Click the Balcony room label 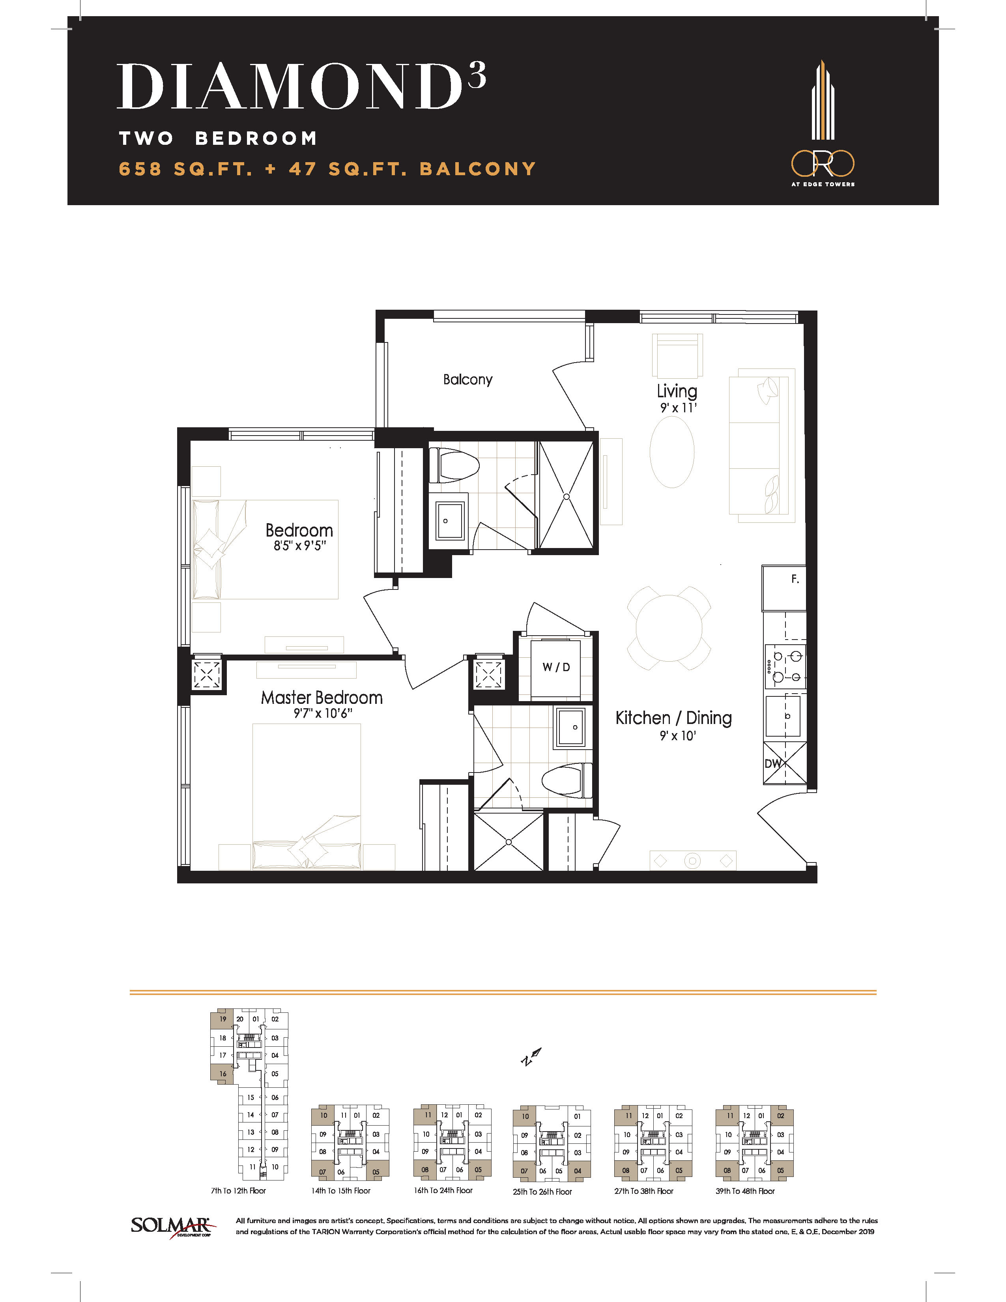tap(468, 380)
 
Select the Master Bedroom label tap(322, 698)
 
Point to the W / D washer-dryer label tap(556, 667)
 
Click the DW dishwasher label tap(773, 764)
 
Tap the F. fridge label tap(795, 579)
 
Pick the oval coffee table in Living tap(672, 452)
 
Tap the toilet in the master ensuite tap(567, 779)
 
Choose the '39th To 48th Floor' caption tap(745, 1191)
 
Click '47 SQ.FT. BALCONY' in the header tap(412, 169)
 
